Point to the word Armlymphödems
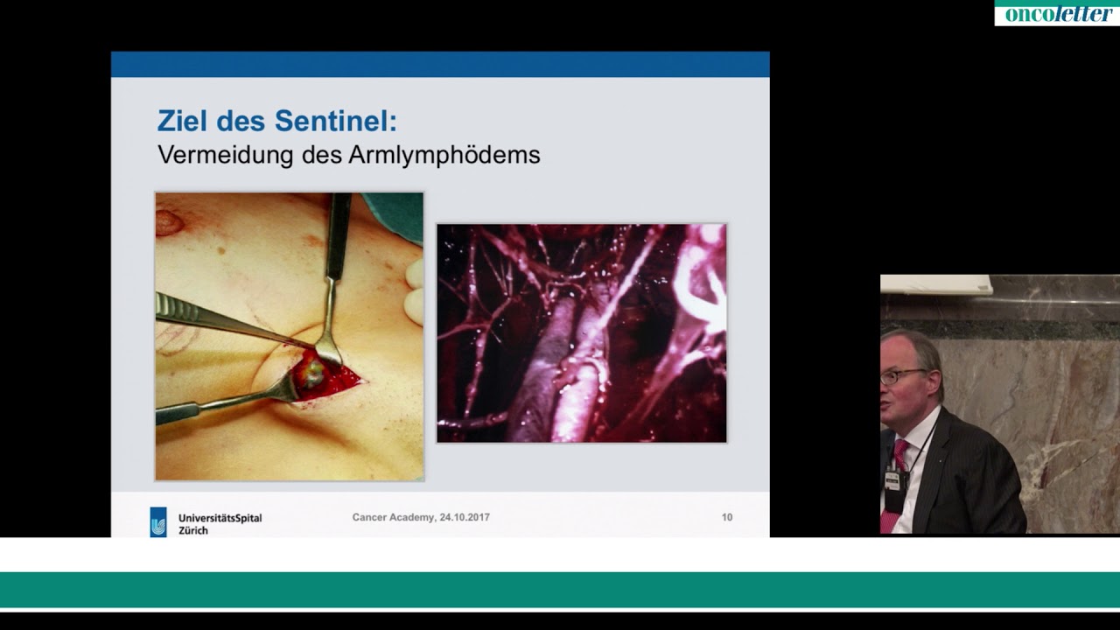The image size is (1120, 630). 444,156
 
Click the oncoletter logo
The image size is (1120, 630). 1057,13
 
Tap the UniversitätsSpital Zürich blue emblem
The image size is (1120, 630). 158,522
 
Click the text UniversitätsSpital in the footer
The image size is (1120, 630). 220,518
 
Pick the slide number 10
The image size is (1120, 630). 727,518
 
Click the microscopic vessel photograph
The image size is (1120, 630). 581,333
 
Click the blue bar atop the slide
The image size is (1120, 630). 440,64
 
